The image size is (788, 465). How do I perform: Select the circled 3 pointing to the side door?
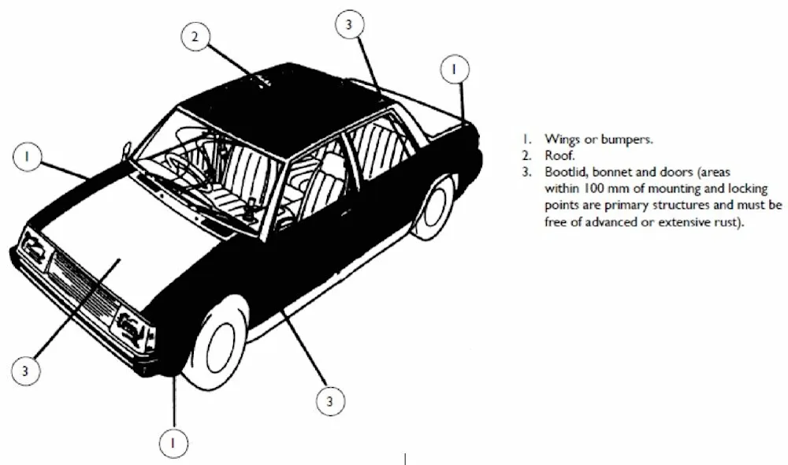(330, 402)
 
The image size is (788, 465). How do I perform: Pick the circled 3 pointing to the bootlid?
(349, 24)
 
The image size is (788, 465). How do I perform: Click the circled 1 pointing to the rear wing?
(454, 69)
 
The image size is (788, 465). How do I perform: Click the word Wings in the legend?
(562, 139)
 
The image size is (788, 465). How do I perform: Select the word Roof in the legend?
(557, 155)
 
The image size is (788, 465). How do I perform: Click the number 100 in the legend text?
(594, 189)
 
